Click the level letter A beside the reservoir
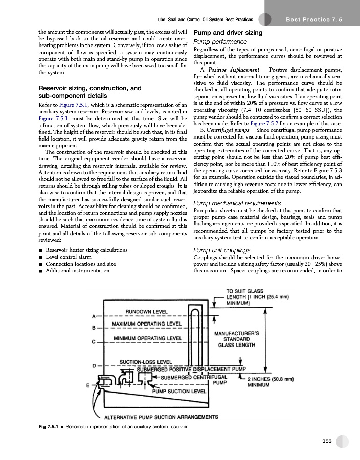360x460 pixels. pos(94,316)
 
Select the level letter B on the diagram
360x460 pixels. pos(94,328)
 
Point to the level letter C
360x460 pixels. pos(94,342)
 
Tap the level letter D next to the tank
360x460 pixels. pos(94,366)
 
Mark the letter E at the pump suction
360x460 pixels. pos(88,385)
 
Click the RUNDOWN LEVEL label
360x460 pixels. pos(146,312)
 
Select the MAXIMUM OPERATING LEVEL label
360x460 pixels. pos(147,324)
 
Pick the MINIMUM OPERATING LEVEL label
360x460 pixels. pos(148,338)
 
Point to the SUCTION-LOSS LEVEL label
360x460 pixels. pos(146,362)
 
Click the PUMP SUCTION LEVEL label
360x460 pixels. pos(179,391)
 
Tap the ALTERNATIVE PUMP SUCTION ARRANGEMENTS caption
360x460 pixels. pos(161,417)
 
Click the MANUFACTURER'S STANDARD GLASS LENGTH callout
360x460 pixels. pos(236,339)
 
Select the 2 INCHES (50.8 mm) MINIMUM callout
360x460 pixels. pos(271,382)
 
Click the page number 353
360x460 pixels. pos(327,441)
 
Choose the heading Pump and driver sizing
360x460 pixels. pos(228,33)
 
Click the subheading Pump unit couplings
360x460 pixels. pos(222,250)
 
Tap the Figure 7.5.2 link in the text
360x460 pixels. pos(264,123)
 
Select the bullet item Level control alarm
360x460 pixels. pos(69,257)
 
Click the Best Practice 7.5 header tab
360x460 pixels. pos(314,19)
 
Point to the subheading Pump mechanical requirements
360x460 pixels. pos(237,203)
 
